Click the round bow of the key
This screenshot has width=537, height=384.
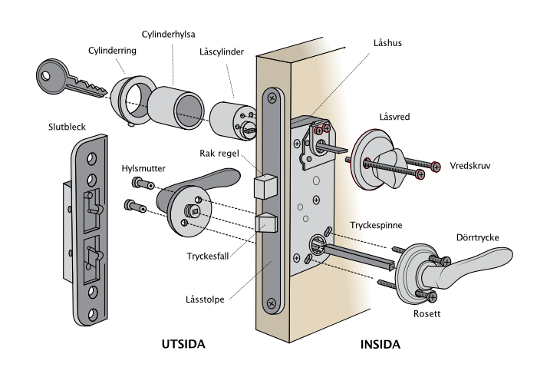point(51,75)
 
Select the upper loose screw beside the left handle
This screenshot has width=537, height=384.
point(143,184)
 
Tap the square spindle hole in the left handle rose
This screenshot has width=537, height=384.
point(196,212)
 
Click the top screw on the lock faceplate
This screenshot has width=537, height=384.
point(272,98)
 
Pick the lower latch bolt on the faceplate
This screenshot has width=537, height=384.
point(265,223)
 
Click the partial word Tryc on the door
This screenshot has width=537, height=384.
point(360,225)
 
